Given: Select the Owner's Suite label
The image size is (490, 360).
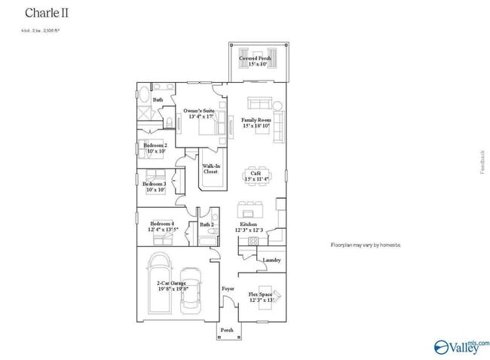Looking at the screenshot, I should click(x=198, y=111).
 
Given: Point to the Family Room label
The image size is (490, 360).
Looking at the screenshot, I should click(x=256, y=120).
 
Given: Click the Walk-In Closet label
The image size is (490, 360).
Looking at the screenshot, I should click(x=211, y=169).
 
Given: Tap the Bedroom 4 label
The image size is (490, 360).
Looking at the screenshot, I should click(x=161, y=224).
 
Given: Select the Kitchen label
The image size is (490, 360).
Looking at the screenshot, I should click(x=250, y=224).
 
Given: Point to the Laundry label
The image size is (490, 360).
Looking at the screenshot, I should click(x=271, y=261).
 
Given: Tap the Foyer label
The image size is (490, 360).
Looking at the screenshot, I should click(x=227, y=288).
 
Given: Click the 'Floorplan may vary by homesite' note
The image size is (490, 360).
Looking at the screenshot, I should click(x=366, y=246).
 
